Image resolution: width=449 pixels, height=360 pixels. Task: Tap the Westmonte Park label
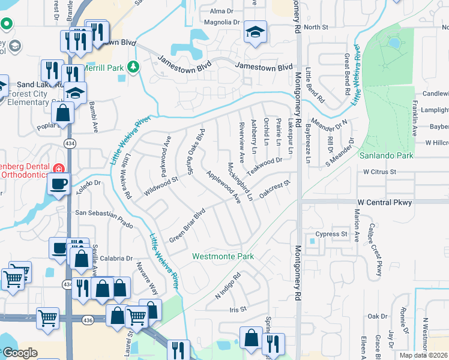(223, 256)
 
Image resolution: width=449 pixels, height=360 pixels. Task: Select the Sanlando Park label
(387, 155)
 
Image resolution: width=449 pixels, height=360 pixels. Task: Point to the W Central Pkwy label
(384, 202)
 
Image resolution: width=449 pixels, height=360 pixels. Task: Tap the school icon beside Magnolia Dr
(255, 33)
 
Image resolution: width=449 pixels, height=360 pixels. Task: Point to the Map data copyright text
(423, 355)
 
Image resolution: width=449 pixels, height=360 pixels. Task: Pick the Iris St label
(238, 310)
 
